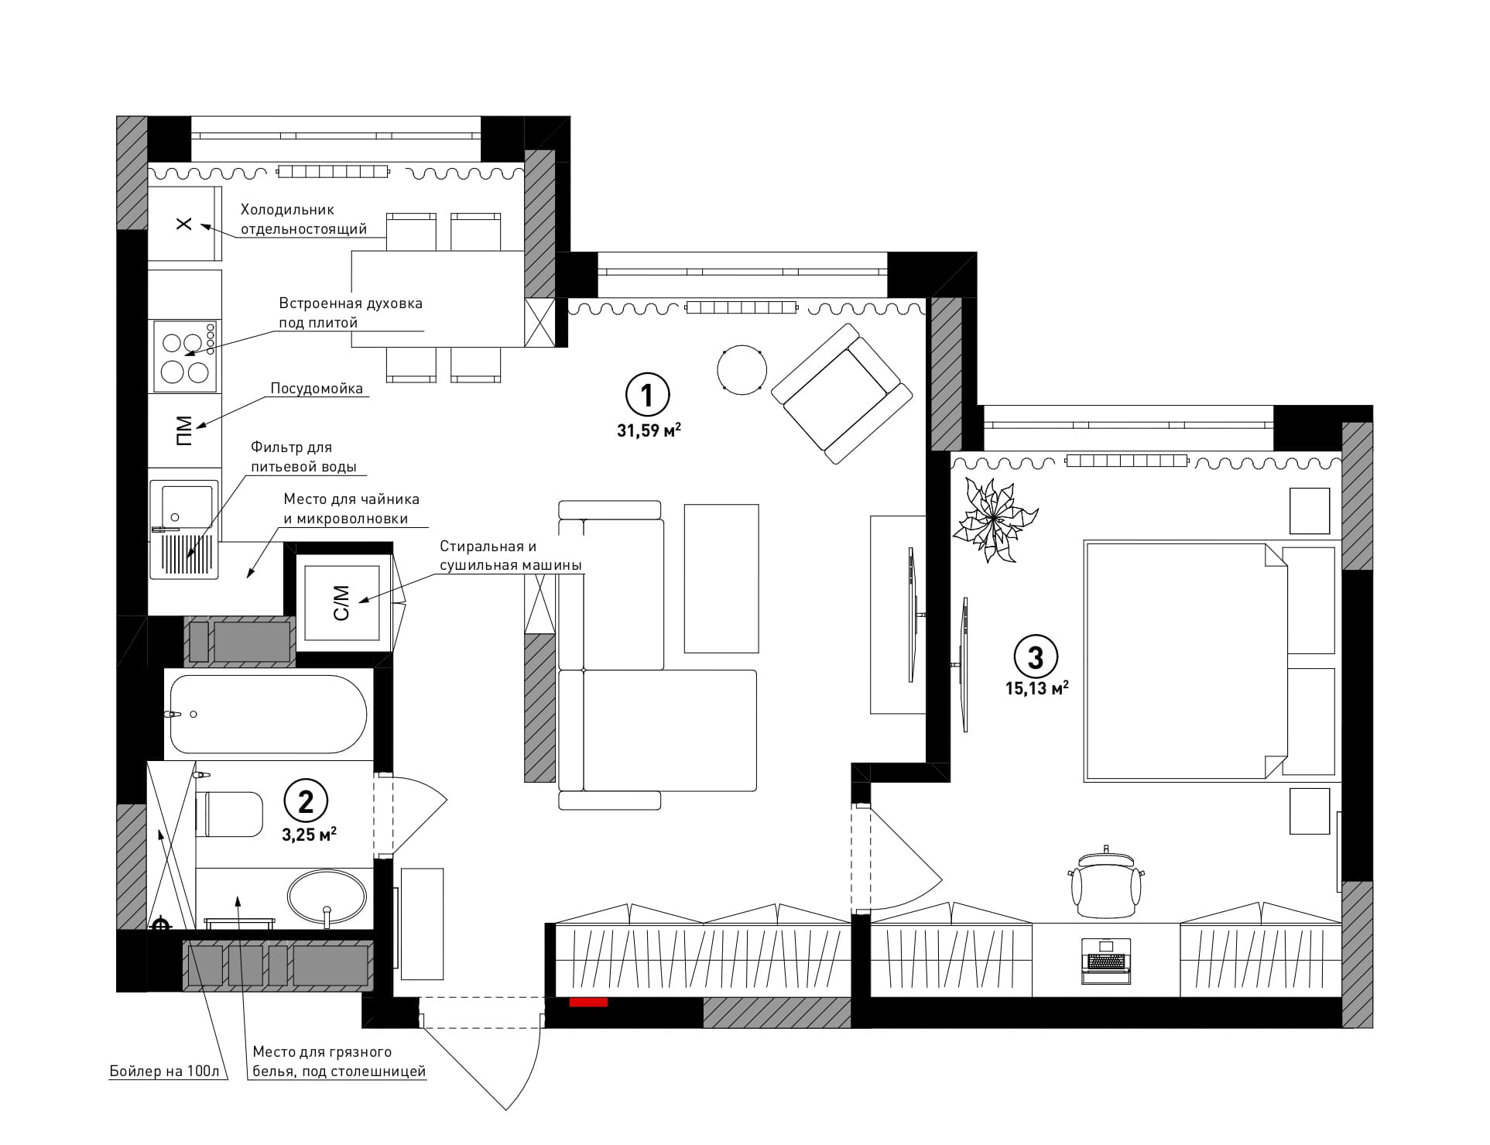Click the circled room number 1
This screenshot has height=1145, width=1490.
tap(647, 396)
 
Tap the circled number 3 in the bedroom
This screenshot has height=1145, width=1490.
tap(1036, 657)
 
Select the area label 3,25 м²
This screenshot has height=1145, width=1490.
tap(310, 835)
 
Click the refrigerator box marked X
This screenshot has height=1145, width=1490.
tap(184, 224)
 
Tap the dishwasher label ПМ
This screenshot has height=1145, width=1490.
tap(183, 430)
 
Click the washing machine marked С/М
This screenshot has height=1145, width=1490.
tap(342, 603)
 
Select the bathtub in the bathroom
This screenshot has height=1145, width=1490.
tap(269, 714)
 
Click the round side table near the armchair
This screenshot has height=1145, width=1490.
tap(742, 370)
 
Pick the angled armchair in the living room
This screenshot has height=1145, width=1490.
tap(842, 393)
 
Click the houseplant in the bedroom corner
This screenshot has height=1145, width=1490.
tap(993, 519)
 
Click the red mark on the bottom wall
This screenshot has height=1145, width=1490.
tap(588, 1003)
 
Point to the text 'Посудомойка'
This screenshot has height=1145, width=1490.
tap(317, 389)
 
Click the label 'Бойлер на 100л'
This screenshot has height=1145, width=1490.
tap(165, 1071)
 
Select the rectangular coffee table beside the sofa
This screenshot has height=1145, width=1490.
tap(721, 578)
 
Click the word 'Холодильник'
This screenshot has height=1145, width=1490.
tap(287, 209)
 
